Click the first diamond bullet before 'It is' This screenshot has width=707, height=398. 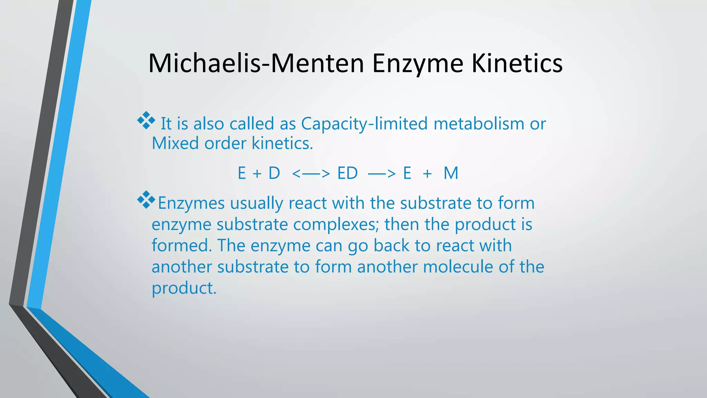pos(146,120)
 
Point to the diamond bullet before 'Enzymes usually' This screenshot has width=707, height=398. pos(146,199)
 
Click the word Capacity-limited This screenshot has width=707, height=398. pos(364,124)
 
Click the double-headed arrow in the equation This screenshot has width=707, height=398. pos(311,173)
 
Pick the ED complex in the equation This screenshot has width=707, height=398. pos(347,173)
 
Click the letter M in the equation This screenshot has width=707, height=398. pos(451,173)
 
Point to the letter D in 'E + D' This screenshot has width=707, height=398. pos(274,173)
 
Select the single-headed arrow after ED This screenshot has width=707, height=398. pos(382,173)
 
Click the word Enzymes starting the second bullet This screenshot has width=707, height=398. pos(191,203)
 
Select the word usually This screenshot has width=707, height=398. pos(256,203)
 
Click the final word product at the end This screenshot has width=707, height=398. pos(184,288)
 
